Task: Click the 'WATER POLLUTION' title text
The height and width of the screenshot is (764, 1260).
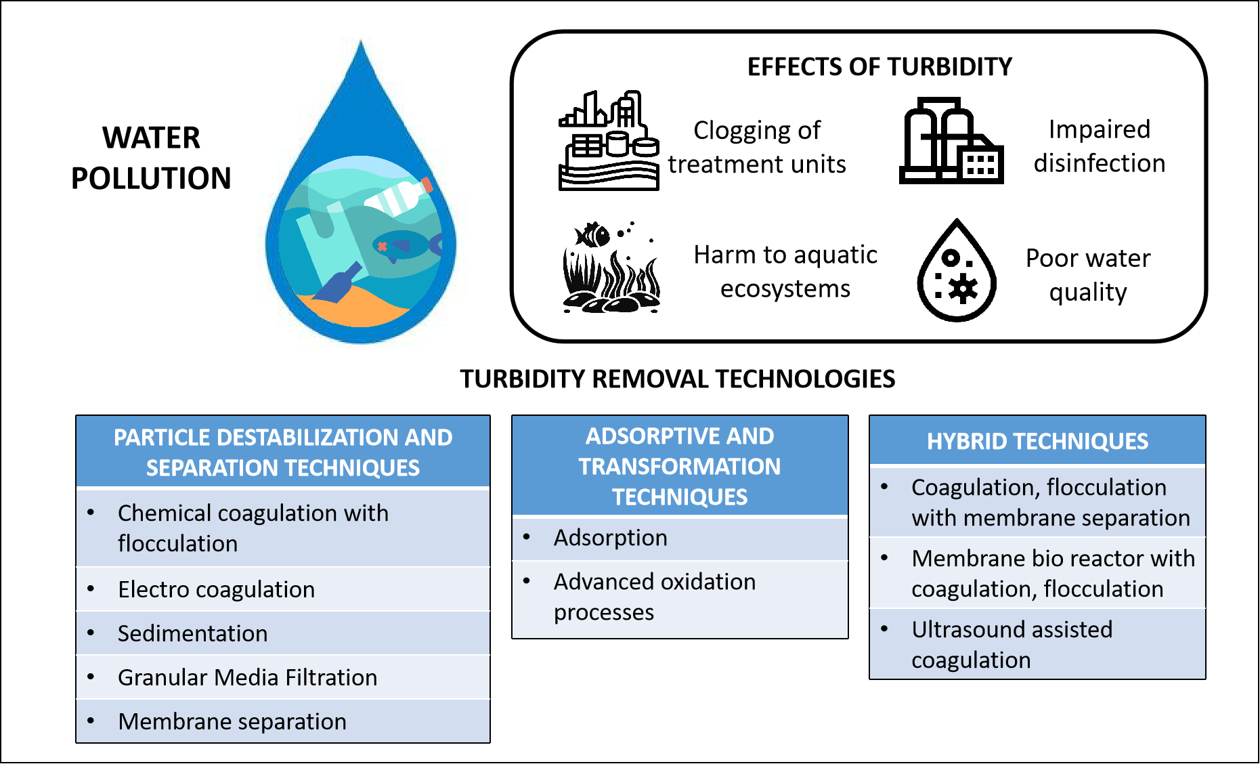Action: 151,158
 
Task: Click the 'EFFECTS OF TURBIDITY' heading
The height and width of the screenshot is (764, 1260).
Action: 879,67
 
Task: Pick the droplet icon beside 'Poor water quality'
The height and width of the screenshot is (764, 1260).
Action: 956,271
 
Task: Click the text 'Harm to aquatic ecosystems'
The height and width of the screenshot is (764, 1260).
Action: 785,272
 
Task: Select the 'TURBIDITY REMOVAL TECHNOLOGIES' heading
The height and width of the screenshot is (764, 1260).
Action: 677,379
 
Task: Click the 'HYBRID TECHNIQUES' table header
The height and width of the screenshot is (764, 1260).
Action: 1037,442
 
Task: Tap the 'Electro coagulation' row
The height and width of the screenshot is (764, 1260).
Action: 216,589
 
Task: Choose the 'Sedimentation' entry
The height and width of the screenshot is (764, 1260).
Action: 192,633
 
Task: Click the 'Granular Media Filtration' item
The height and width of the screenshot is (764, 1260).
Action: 247,677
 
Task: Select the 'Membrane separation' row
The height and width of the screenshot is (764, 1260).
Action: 232,721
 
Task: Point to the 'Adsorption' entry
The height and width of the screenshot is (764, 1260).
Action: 610,538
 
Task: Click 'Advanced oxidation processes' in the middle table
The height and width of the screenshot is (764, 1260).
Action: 654,597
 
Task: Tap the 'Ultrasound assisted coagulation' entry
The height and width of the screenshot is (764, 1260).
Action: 1012,644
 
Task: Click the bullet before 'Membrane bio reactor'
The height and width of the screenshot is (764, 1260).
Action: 884,558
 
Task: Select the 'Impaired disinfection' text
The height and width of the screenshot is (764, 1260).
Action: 1099,146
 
